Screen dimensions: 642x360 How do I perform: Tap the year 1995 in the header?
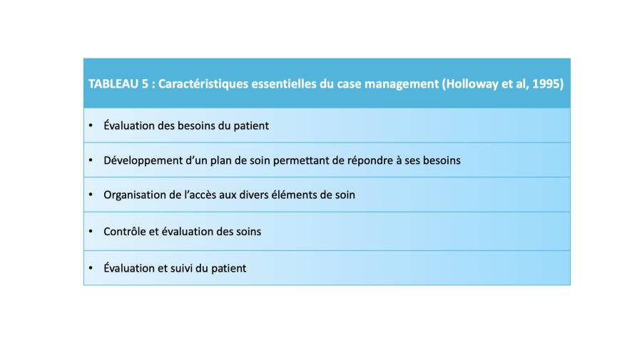click(x=548, y=84)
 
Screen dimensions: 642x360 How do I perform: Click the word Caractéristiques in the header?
click(x=203, y=84)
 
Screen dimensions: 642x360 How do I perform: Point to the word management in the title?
click(x=402, y=84)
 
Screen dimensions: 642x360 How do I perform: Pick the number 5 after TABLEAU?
click(x=145, y=84)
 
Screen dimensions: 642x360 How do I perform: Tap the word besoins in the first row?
click(x=197, y=125)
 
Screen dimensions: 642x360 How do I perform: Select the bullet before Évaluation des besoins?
click(x=91, y=125)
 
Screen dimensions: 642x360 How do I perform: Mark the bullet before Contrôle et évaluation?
click(x=91, y=231)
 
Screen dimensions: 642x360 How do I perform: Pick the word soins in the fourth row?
click(x=248, y=232)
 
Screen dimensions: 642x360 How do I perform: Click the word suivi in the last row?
click(x=180, y=268)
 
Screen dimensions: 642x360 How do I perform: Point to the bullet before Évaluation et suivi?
click(x=91, y=268)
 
